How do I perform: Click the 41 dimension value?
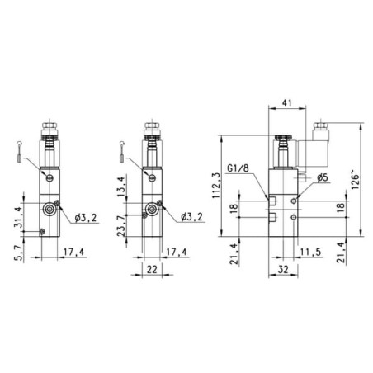[x=286, y=103]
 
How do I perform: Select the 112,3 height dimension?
[x=217, y=186]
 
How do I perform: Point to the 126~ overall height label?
[x=355, y=180]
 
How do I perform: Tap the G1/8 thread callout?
[x=238, y=168]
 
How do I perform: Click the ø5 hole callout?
[x=323, y=177]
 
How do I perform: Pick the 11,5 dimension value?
[x=311, y=252]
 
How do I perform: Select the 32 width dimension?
[x=283, y=270]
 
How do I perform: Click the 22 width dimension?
[x=152, y=269]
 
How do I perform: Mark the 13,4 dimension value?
[x=120, y=186]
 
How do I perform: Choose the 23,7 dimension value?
[x=120, y=226]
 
